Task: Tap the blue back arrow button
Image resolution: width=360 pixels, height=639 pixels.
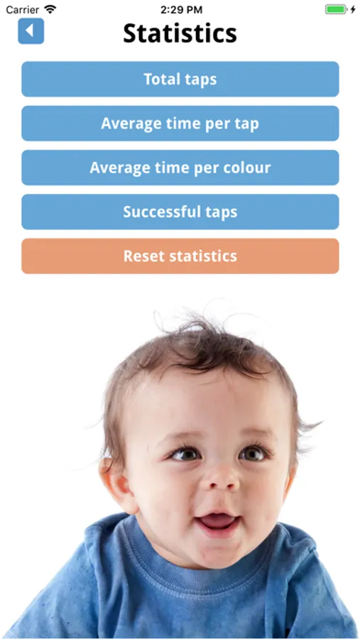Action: (x=31, y=31)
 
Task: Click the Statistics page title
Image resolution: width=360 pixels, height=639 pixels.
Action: (x=180, y=33)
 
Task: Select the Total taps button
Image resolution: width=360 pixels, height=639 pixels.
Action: (x=180, y=79)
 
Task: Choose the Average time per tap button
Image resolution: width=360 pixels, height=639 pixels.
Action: (x=180, y=123)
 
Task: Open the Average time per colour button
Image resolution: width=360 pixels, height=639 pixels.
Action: (x=180, y=168)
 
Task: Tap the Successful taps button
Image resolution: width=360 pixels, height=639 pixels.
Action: (x=180, y=212)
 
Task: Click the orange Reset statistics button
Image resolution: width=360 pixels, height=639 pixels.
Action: (x=180, y=256)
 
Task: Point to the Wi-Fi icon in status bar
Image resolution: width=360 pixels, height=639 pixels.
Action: (x=50, y=9)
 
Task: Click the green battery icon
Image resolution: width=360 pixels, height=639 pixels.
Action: (x=336, y=9)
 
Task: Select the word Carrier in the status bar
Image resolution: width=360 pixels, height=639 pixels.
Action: (x=23, y=9)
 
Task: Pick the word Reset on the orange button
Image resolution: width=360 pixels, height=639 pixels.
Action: (x=144, y=256)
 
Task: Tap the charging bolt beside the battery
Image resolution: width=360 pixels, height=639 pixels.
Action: (x=353, y=9)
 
